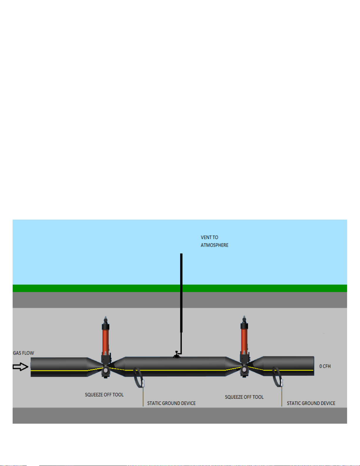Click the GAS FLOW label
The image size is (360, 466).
click(24, 353)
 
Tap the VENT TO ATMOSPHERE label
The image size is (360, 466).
click(214, 241)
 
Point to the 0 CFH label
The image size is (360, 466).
click(325, 366)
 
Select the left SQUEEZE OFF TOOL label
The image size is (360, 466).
click(104, 395)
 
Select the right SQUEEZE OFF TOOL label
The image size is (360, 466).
click(244, 397)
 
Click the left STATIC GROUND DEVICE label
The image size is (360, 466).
click(171, 403)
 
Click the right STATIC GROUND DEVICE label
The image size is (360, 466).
click(311, 403)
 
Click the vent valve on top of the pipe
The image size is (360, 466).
click(176, 355)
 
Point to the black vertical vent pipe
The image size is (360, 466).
click(181, 294)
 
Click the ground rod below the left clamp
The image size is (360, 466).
click(143, 397)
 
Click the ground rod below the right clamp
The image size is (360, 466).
click(282, 397)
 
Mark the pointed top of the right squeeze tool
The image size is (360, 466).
click(244, 318)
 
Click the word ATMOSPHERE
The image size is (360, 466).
click(215, 245)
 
